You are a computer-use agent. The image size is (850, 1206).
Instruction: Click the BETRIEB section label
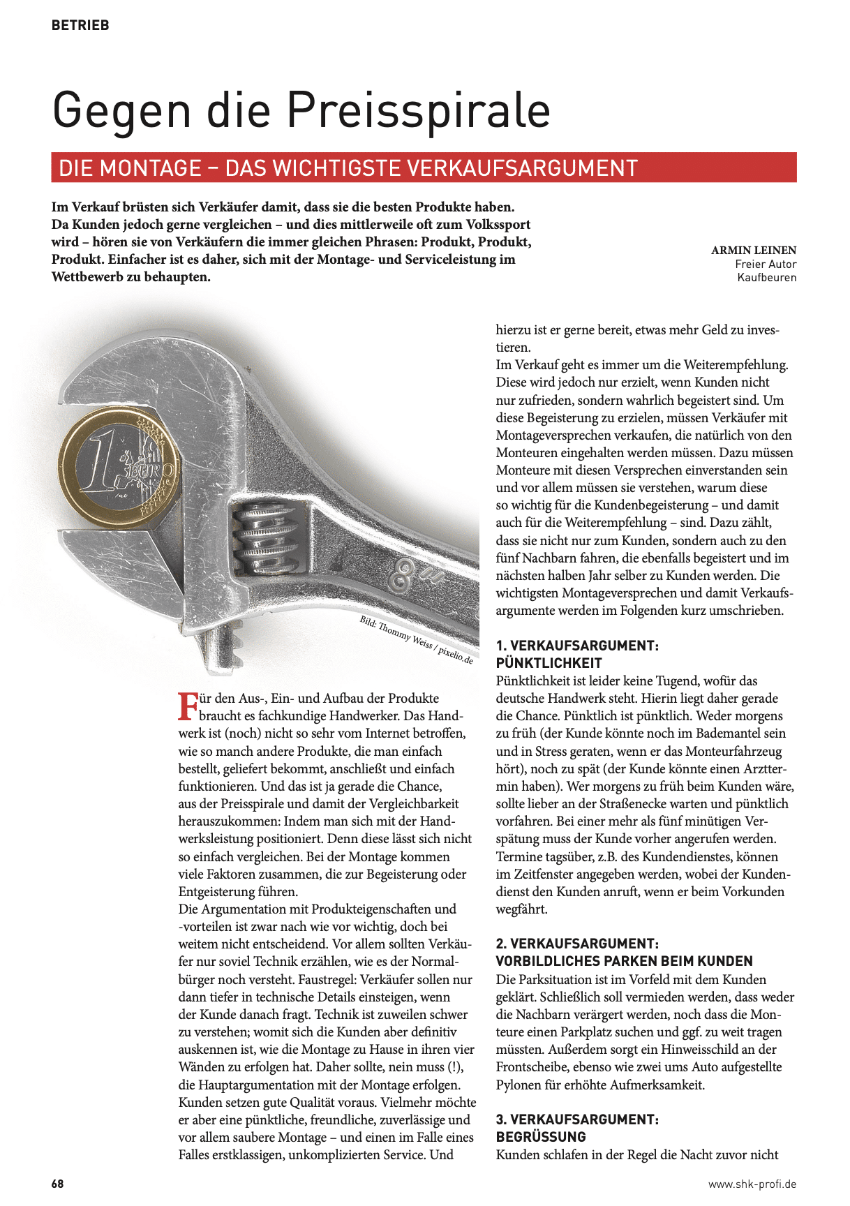(x=80, y=25)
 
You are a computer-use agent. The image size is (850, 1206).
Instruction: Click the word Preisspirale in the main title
(x=419, y=110)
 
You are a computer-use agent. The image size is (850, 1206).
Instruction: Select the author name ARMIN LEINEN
(x=754, y=250)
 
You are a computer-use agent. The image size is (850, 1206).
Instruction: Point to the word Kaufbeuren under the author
(x=766, y=278)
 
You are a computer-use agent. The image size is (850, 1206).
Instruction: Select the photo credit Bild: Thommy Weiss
(x=416, y=639)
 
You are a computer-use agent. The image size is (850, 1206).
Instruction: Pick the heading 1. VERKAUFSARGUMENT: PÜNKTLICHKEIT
(x=577, y=654)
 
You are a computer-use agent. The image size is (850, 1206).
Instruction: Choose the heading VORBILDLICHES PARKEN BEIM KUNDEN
(x=625, y=961)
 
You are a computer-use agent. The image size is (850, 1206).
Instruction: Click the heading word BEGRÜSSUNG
(x=541, y=1137)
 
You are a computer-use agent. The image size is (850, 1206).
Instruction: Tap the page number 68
(x=57, y=1184)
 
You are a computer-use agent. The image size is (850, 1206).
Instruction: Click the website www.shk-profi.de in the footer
(x=752, y=1184)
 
